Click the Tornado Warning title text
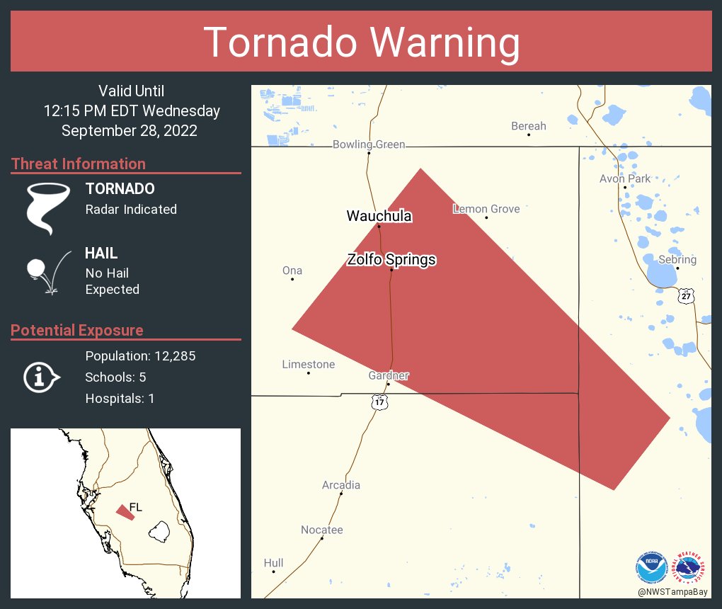click(x=362, y=42)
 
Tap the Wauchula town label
click(x=379, y=216)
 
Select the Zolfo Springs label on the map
click(x=391, y=260)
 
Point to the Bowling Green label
click(x=369, y=144)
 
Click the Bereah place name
click(x=528, y=126)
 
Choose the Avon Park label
click(x=625, y=178)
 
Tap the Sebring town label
click(x=677, y=259)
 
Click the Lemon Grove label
click(x=486, y=209)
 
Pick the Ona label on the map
click(x=292, y=271)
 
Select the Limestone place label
click(x=309, y=364)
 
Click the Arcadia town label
click(x=341, y=485)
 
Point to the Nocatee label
click(x=322, y=530)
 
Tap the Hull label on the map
click(x=273, y=563)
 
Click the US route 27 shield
click(x=686, y=296)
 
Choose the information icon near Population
click(x=41, y=377)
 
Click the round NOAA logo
click(x=651, y=567)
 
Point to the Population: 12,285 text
click(x=140, y=355)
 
